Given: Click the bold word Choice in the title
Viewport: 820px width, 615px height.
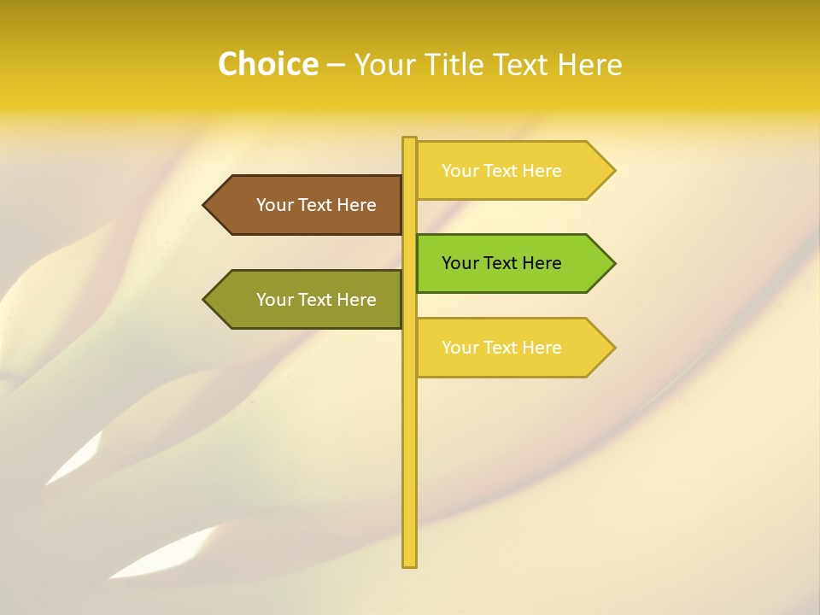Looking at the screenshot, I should click(x=267, y=64).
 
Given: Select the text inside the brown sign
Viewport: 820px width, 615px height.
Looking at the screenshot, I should click(x=316, y=205).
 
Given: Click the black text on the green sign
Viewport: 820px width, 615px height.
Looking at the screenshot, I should click(x=501, y=263).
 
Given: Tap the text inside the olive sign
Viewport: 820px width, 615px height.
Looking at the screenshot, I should click(x=316, y=300).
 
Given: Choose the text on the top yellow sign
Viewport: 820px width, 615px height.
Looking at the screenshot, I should click(x=501, y=171).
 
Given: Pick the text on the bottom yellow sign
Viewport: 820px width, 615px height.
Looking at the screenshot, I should click(x=501, y=348).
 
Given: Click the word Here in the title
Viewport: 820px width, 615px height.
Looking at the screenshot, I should click(x=590, y=65).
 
